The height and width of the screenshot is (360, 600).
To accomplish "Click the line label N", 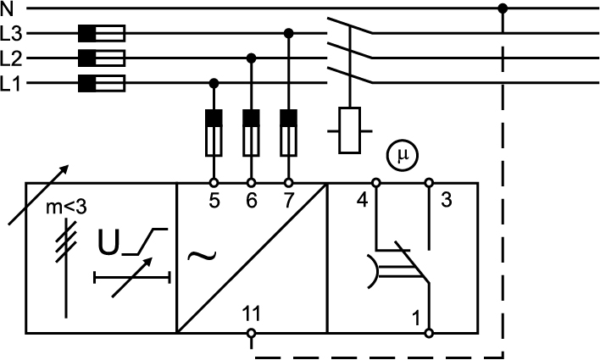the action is (7, 9).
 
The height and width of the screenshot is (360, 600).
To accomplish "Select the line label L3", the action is (11, 34).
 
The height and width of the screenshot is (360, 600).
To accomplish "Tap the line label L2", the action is (11, 58).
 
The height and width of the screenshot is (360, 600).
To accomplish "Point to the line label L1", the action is (10, 83).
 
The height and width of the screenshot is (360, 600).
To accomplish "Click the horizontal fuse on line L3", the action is (102, 33).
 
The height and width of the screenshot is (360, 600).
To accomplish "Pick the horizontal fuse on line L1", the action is (102, 83).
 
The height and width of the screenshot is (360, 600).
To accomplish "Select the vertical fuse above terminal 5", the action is (214, 133).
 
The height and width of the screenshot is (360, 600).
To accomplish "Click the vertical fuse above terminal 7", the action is (289, 133).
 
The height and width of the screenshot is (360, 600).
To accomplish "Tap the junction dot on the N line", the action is (503, 8).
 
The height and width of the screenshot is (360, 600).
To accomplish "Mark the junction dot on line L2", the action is (252, 58).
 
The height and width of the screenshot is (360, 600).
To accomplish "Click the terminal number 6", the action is (252, 200).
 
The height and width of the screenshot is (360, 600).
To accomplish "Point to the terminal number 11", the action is (251, 313).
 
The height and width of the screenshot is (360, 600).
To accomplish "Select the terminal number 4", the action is (362, 200).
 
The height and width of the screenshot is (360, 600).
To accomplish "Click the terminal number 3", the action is (447, 200).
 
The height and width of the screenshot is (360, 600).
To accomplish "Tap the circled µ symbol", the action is (403, 156).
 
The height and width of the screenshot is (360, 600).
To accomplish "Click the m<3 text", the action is (66, 208).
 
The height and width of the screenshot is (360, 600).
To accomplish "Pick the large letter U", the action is (108, 242).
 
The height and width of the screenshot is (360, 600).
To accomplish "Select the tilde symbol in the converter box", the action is (202, 255).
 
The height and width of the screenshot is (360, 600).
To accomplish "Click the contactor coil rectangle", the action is (350, 130).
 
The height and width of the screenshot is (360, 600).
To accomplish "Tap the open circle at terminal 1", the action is (429, 333).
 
